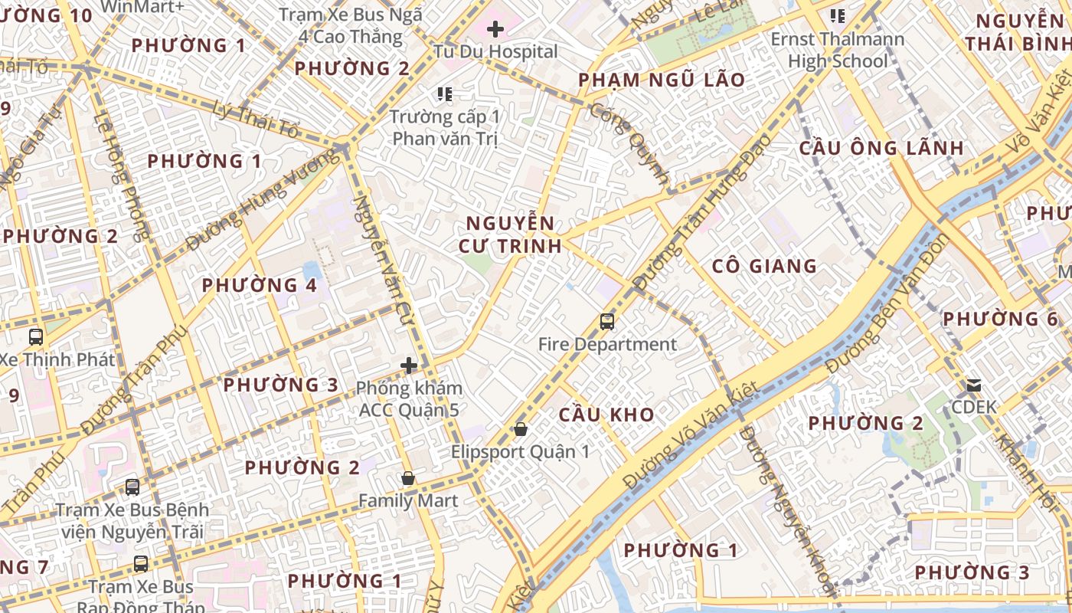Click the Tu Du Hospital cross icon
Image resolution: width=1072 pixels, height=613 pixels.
[495, 30]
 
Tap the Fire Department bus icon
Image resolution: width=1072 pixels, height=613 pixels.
[607, 322]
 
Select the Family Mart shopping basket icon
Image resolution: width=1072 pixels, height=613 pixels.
[408, 479]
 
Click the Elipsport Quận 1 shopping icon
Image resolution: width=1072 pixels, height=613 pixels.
[521, 429]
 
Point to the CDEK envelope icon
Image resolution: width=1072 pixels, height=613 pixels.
[974, 385]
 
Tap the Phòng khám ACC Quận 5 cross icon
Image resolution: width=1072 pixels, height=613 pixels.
[410, 366]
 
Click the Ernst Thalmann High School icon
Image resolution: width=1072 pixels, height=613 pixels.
[838, 15]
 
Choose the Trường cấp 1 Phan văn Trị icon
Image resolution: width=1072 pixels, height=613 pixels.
[445, 94]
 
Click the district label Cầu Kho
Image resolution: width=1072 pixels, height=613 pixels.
[606, 415]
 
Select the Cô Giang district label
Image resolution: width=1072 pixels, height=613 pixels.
[764, 267]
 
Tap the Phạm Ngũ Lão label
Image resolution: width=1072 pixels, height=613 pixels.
[662, 80]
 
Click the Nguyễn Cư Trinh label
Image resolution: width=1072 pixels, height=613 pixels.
[510, 234]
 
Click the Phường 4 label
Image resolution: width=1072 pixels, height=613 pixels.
[259, 286]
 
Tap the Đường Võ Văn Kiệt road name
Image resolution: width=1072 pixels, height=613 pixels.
[691, 435]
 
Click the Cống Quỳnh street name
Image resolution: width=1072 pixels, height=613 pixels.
[629, 143]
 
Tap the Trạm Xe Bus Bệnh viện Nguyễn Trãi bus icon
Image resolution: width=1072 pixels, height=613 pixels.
[132, 487]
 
